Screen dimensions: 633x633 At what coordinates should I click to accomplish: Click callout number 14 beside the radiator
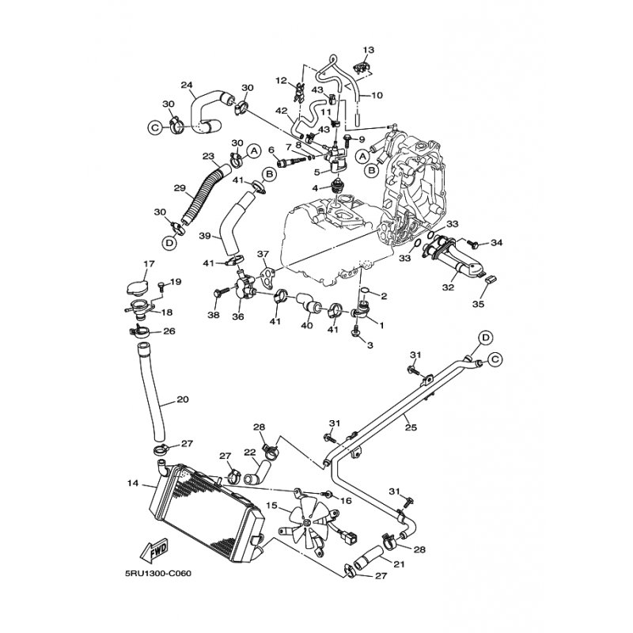[x=132, y=482]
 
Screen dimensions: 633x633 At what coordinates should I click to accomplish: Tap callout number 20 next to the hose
[x=183, y=400]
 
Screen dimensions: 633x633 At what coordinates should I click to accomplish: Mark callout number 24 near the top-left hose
[x=187, y=85]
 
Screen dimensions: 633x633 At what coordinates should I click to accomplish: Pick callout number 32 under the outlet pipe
[x=448, y=287]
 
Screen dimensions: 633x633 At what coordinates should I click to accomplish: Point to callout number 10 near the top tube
[x=377, y=95]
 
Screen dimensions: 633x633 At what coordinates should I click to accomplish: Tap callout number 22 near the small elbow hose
[x=250, y=453]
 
